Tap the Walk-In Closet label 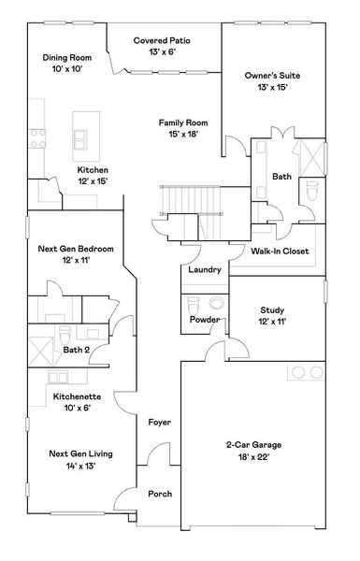[x=280, y=252]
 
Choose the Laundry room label [x=204, y=270]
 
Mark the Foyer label [x=159, y=423]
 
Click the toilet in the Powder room [x=194, y=304]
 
